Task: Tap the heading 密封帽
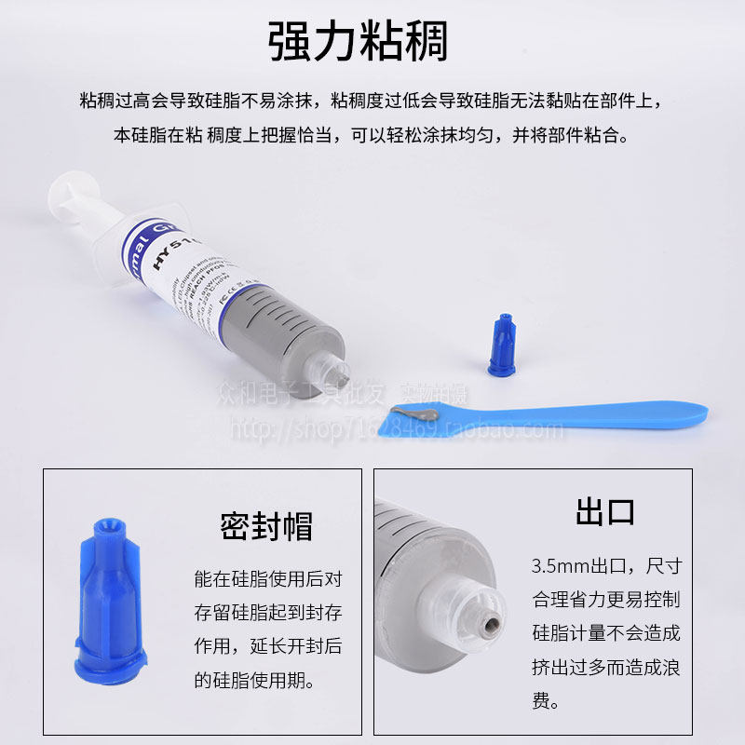tap(266, 526)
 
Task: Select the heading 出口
tap(605, 511)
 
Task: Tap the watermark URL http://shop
tap(270, 429)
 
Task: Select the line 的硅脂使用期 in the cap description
tap(253, 680)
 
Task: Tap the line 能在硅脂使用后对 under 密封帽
tap(266, 578)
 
